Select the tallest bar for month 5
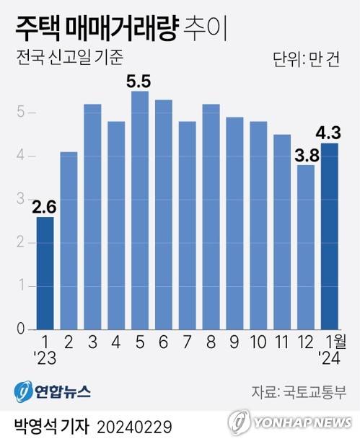pos(140,210)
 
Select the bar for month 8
pos(211,216)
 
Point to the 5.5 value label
pos(140,81)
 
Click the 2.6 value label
pos(45,207)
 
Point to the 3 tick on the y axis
pos(22,199)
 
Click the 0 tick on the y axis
pos(22,329)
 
